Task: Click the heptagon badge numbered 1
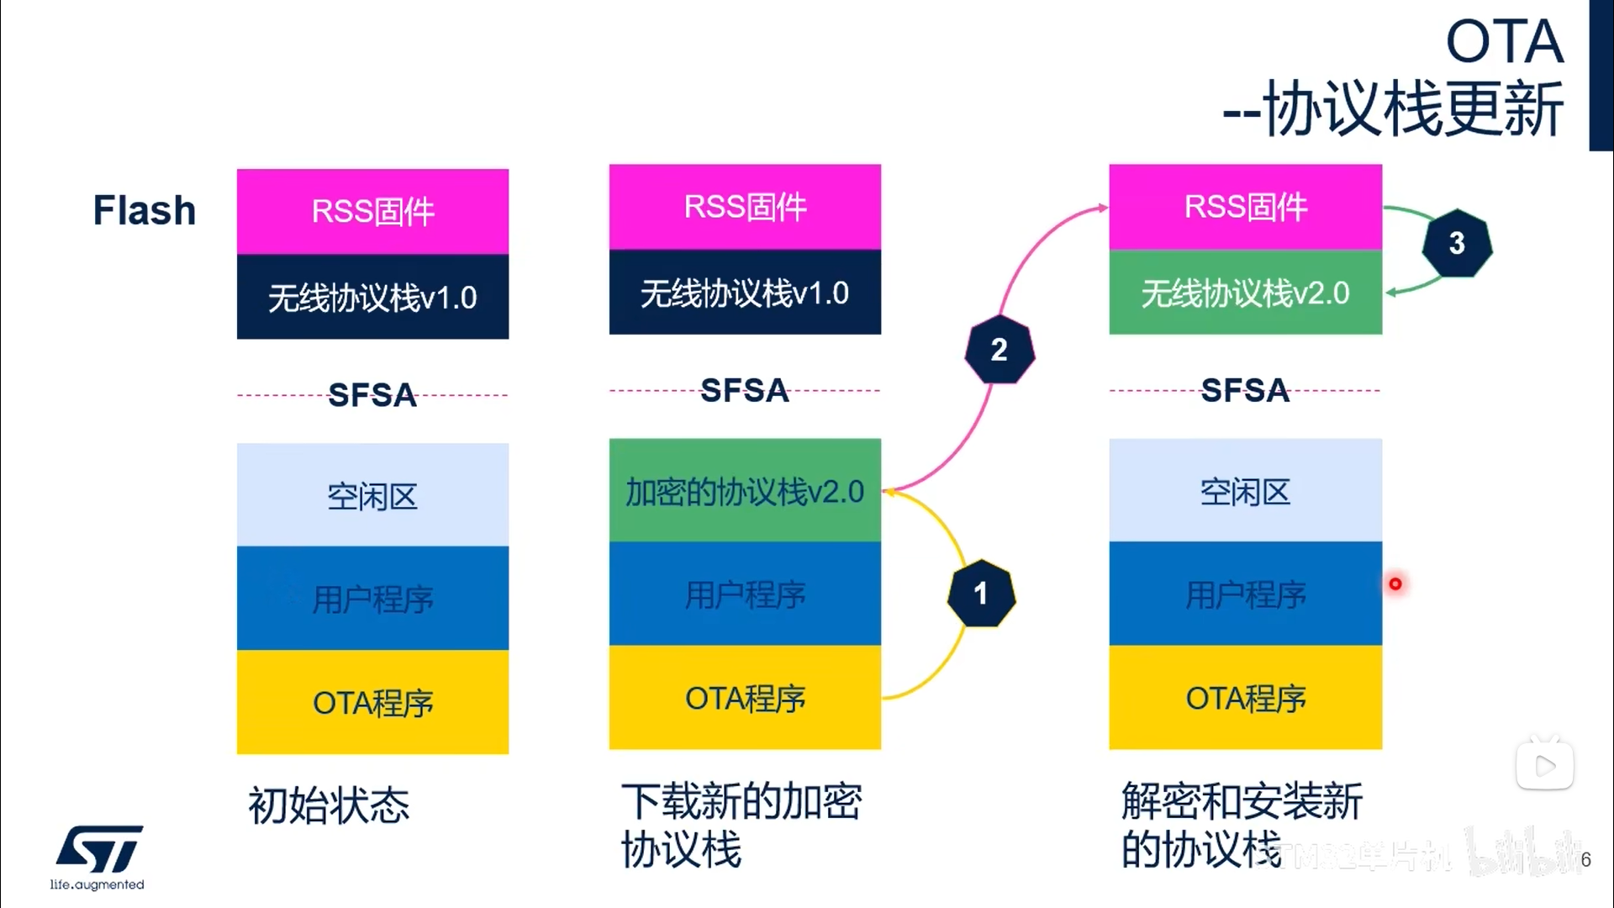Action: [981, 594]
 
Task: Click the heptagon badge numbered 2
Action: [999, 350]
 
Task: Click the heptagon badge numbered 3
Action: [1457, 244]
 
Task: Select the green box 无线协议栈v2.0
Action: [1245, 293]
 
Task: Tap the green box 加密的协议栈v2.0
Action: [745, 491]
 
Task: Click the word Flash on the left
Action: [145, 210]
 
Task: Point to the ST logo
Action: [99, 849]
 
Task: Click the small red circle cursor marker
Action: [1395, 583]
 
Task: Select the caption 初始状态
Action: [329, 805]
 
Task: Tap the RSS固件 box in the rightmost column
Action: [1245, 207]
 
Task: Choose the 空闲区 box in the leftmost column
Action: [372, 495]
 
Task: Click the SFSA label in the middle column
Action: [745, 390]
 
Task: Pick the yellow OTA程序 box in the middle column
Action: [745, 698]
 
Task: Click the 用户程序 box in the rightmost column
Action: [1245, 594]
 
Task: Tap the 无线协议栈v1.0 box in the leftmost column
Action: [372, 297]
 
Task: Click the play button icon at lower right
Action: [1545, 765]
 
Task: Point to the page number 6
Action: [1585, 859]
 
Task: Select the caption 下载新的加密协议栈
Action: [741, 824]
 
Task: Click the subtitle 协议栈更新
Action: [1412, 109]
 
